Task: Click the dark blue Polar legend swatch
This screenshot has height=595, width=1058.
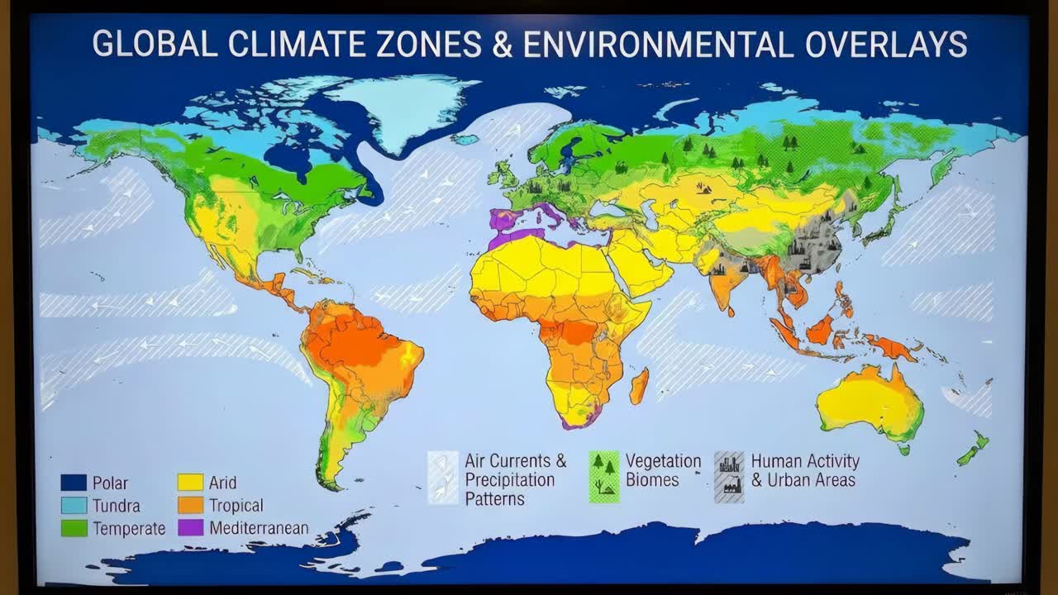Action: point(74,483)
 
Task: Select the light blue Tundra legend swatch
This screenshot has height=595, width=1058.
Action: point(74,505)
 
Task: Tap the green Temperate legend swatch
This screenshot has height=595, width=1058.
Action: point(74,527)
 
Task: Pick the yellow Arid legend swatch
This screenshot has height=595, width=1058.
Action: point(190,483)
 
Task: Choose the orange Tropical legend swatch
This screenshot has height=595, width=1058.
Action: point(190,505)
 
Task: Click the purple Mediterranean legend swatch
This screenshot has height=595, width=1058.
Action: point(190,527)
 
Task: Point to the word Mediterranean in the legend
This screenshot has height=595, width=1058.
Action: point(259,528)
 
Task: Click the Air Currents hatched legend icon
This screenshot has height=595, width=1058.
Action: point(442,478)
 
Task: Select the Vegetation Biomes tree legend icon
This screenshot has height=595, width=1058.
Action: point(603,477)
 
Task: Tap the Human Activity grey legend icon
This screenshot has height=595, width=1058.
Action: point(729,477)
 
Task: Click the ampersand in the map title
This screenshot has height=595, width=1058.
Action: point(502,43)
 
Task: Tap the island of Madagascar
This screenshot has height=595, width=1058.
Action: point(639,387)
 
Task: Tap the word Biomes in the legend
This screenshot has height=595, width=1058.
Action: point(652,480)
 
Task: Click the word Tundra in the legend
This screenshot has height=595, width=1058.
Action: point(116,506)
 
